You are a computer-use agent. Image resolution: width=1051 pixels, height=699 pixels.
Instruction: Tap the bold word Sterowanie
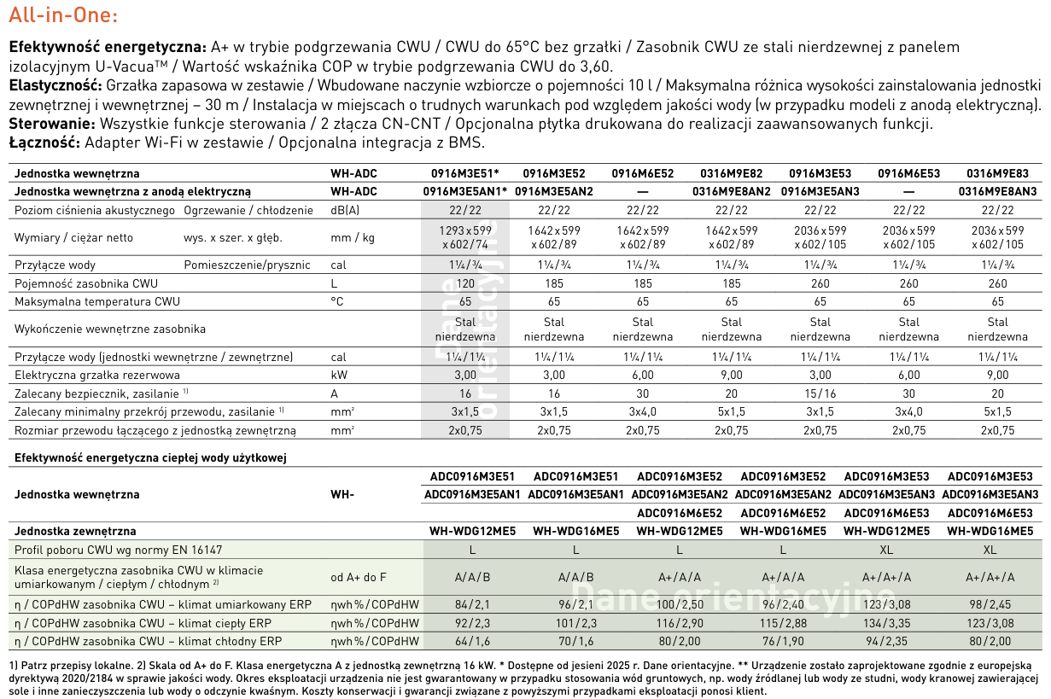[x=50, y=124]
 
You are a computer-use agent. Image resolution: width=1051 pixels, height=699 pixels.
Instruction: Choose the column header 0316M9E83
[x=997, y=173]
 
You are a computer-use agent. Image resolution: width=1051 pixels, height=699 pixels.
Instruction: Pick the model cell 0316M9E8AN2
[x=731, y=192]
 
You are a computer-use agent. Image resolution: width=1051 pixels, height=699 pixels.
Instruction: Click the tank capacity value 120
[x=464, y=283]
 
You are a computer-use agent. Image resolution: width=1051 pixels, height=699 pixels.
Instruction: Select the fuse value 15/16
[x=820, y=393]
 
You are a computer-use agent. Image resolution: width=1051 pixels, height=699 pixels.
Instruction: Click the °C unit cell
[x=337, y=302]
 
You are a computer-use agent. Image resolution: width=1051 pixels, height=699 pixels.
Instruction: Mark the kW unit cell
[x=338, y=376]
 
